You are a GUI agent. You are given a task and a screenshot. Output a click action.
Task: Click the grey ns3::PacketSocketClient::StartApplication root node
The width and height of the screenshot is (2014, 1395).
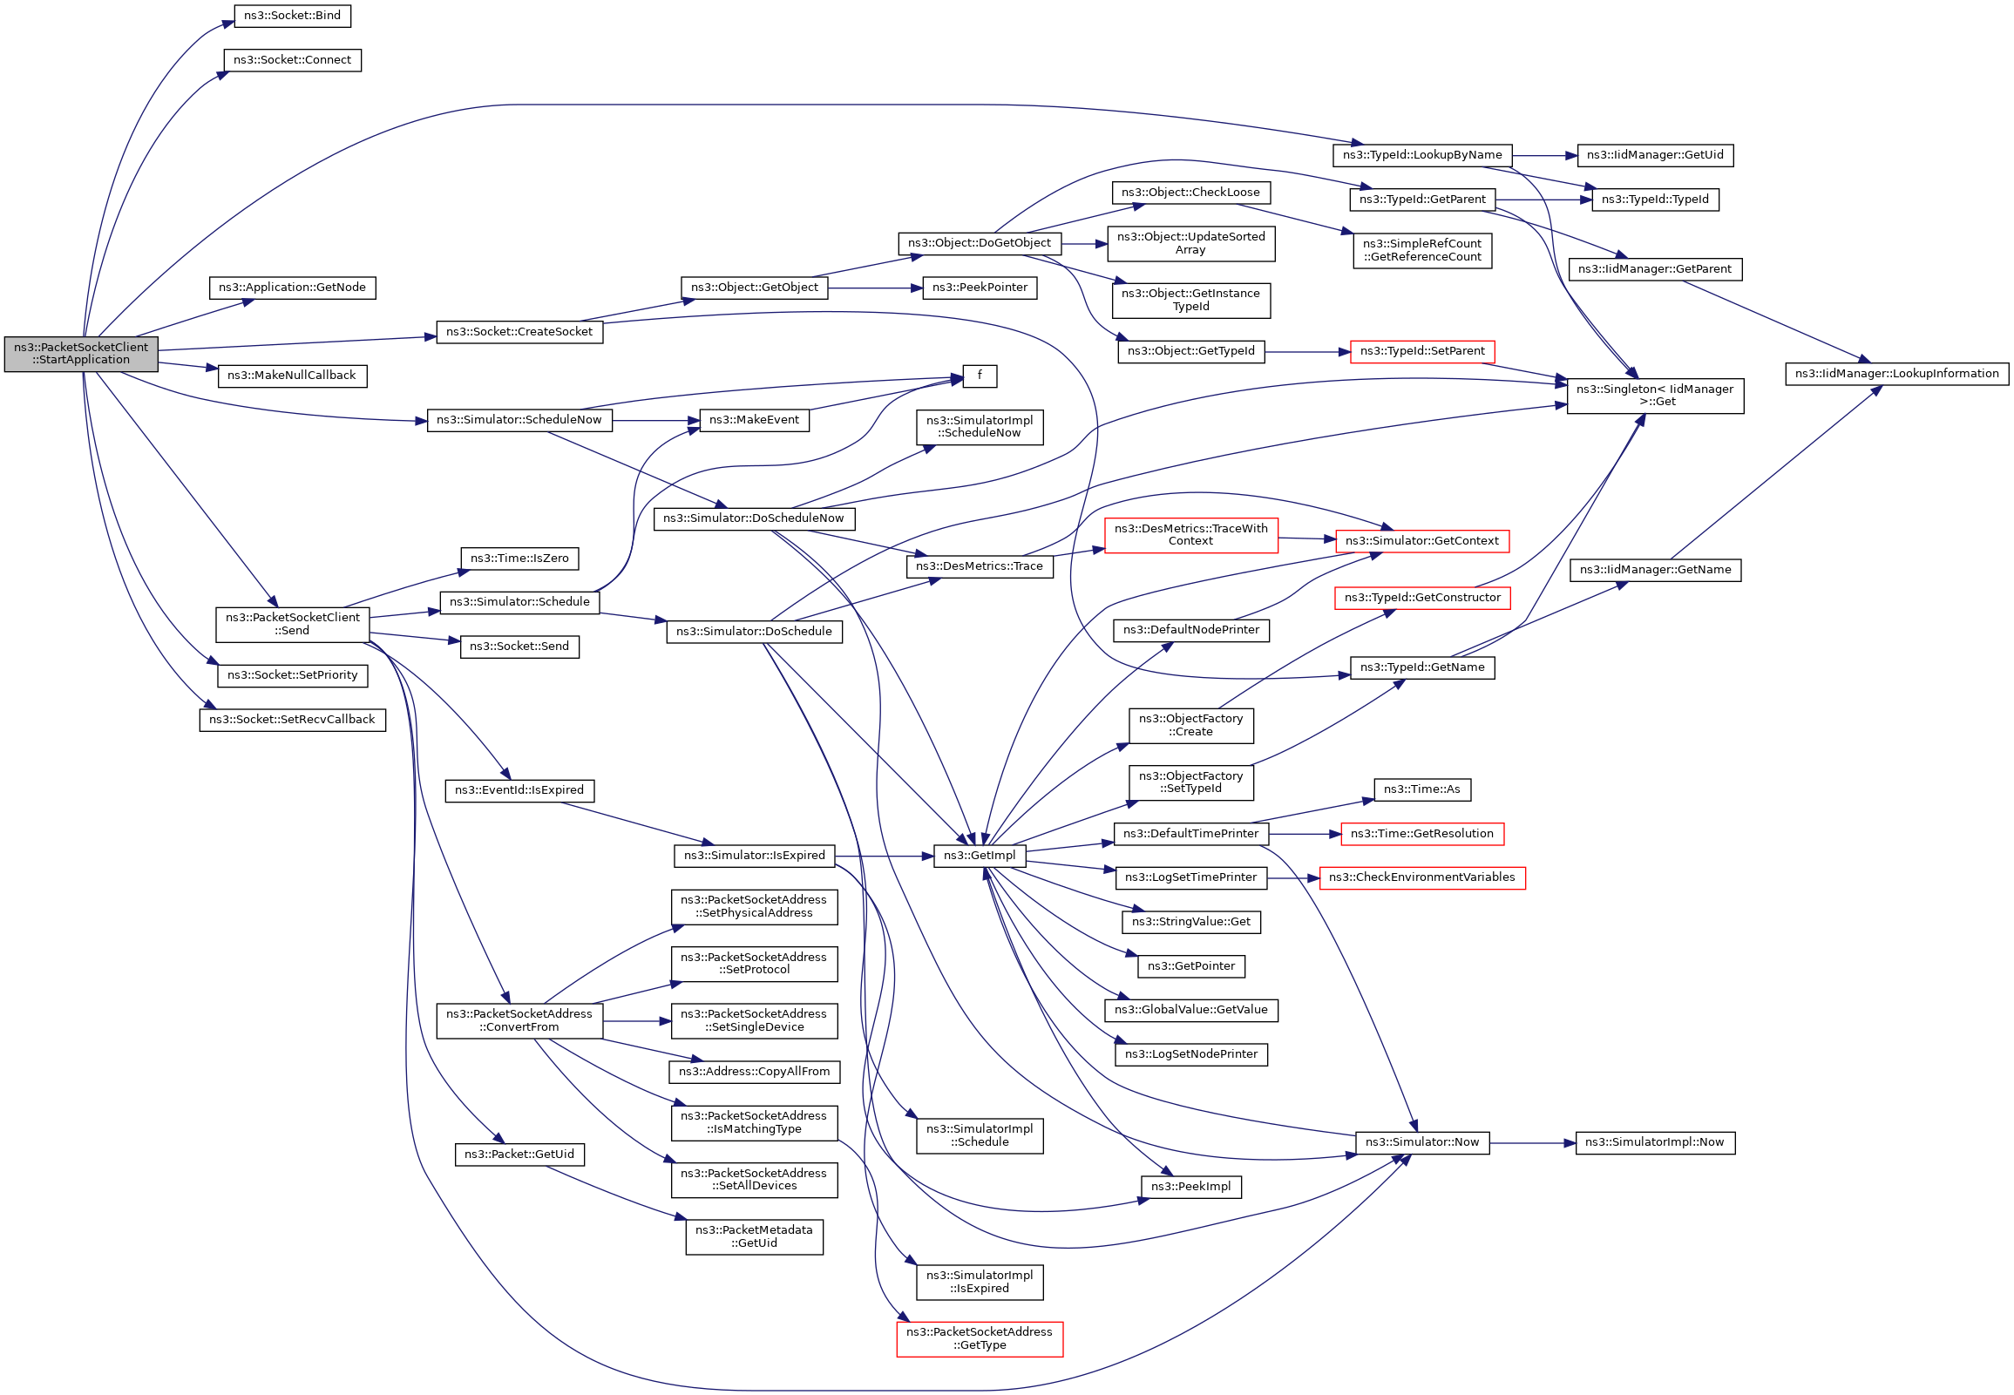[x=81, y=354]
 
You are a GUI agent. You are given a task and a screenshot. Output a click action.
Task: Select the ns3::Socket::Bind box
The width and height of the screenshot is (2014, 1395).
[x=292, y=16]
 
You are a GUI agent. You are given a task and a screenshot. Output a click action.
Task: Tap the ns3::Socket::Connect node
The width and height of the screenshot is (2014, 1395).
[x=292, y=60]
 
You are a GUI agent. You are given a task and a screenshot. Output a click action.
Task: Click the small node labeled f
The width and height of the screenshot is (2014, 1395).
[x=979, y=376]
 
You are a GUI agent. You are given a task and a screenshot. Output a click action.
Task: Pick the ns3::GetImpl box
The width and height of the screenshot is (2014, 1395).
[x=979, y=856]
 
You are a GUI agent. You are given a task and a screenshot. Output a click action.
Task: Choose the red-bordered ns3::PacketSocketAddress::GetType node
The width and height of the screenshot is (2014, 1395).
[x=979, y=1339]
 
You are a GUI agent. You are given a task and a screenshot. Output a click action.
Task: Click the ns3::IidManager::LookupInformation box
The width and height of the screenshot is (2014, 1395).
[x=1896, y=374]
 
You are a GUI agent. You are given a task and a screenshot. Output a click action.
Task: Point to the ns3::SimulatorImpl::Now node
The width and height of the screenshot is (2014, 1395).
[x=1654, y=1142]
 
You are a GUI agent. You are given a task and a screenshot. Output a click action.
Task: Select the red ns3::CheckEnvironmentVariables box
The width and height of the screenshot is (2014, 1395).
[x=1421, y=877]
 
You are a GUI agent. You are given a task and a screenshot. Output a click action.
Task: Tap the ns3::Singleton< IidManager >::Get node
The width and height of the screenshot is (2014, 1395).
[x=1654, y=396]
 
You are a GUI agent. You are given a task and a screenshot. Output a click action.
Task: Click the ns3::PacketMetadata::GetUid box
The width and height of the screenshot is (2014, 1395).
[x=754, y=1236]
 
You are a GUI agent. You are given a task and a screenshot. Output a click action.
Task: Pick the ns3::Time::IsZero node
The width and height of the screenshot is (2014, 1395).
[x=519, y=559]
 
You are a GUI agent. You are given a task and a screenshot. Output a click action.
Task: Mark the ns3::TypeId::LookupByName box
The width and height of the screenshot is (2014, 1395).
[x=1421, y=156]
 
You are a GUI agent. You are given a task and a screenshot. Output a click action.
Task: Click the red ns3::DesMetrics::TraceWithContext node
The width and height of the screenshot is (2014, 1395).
[x=1190, y=535]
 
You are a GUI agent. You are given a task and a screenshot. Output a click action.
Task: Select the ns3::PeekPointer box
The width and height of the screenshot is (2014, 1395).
[x=979, y=288]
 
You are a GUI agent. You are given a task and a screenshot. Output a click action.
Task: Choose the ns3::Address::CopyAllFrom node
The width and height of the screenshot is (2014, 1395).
[x=754, y=1072]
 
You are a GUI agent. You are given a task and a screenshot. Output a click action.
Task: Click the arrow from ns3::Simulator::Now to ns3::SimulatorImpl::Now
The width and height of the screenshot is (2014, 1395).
[x=1531, y=1142]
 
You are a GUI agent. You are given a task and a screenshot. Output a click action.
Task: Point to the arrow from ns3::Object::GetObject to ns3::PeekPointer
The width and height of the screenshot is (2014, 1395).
[x=874, y=288]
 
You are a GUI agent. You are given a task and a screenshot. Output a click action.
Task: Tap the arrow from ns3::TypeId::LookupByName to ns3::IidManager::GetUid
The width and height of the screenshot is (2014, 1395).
[x=1543, y=156]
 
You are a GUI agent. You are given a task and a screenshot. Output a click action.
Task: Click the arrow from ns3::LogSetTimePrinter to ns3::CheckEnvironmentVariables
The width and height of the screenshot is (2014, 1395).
[x=1292, y=877]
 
